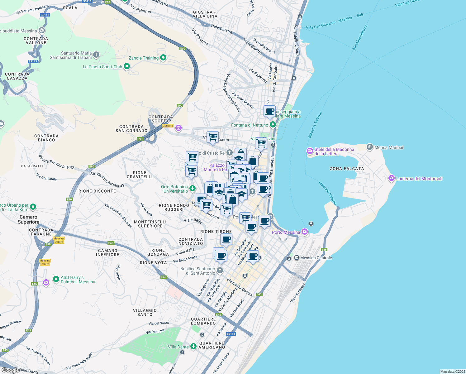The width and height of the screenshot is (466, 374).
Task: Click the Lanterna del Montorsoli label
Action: (x=419, y=179)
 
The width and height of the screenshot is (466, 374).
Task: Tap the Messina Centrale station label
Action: (x=316, y=258)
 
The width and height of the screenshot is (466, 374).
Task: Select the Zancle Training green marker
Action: (x=163, y=58)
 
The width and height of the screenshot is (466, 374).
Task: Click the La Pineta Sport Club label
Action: (x=102, y=67)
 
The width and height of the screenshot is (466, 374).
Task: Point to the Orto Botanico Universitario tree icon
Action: (x=193, y=188)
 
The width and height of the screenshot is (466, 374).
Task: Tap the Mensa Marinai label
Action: (x=389, y=147)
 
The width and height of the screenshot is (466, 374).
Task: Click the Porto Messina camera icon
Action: (x=305, y=232)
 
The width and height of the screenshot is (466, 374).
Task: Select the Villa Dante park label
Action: (x=178, y=347)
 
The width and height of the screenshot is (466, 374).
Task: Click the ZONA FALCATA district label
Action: (x=347, y=169)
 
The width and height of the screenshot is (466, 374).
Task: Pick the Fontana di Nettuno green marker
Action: (x=273, y=125)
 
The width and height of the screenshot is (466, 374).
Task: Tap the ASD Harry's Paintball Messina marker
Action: (x=56, y=279)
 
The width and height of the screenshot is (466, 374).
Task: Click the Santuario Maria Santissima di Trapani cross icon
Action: (x=96, y=55)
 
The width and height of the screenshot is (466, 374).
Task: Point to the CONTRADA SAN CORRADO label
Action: (x=131, y=129)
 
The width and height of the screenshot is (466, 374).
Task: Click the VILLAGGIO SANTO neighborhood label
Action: (x=145, y=312)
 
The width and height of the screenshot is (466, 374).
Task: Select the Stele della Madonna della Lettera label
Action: (x=334, y=151)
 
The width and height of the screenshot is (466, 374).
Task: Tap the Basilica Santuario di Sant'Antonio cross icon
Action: (x=220, y=270)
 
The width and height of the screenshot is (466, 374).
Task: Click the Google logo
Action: (x=10, y=370)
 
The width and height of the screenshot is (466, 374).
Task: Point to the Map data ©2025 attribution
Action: (x=452, y=372)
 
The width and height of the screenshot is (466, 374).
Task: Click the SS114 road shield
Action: (x=231, y=334)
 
